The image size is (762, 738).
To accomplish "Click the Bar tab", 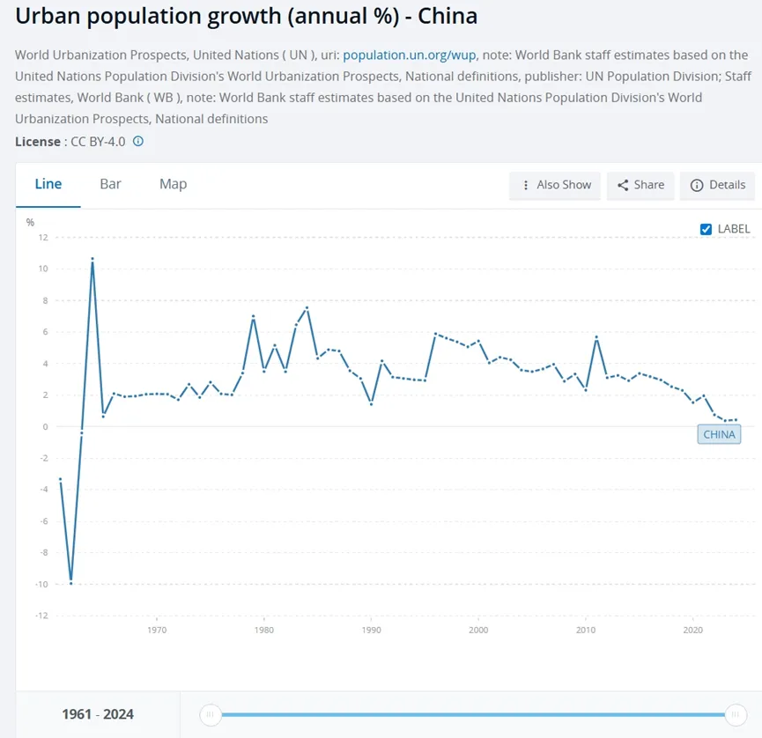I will click(110, 184).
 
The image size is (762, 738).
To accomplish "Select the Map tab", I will click(173, 184).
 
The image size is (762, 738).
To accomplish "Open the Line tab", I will click(48, 184).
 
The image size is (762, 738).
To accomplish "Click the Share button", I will click(640, 185).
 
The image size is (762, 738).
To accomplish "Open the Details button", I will click(718, 185).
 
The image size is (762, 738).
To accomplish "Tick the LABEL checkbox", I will click(706, 229).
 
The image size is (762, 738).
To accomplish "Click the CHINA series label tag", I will click(719, 434).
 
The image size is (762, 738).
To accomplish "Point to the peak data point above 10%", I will click(92, 259).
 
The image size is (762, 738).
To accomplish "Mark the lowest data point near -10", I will click(70, 582).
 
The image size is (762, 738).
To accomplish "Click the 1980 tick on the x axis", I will click(263, 631).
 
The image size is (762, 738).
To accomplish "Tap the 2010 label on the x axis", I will click(585, 631).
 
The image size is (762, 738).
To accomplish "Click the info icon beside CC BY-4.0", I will click(137, 141).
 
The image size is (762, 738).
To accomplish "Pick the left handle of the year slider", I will click(210, 714).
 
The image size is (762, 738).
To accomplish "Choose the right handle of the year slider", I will click(736, 714).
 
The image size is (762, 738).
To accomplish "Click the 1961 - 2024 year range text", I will click(98, 714).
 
